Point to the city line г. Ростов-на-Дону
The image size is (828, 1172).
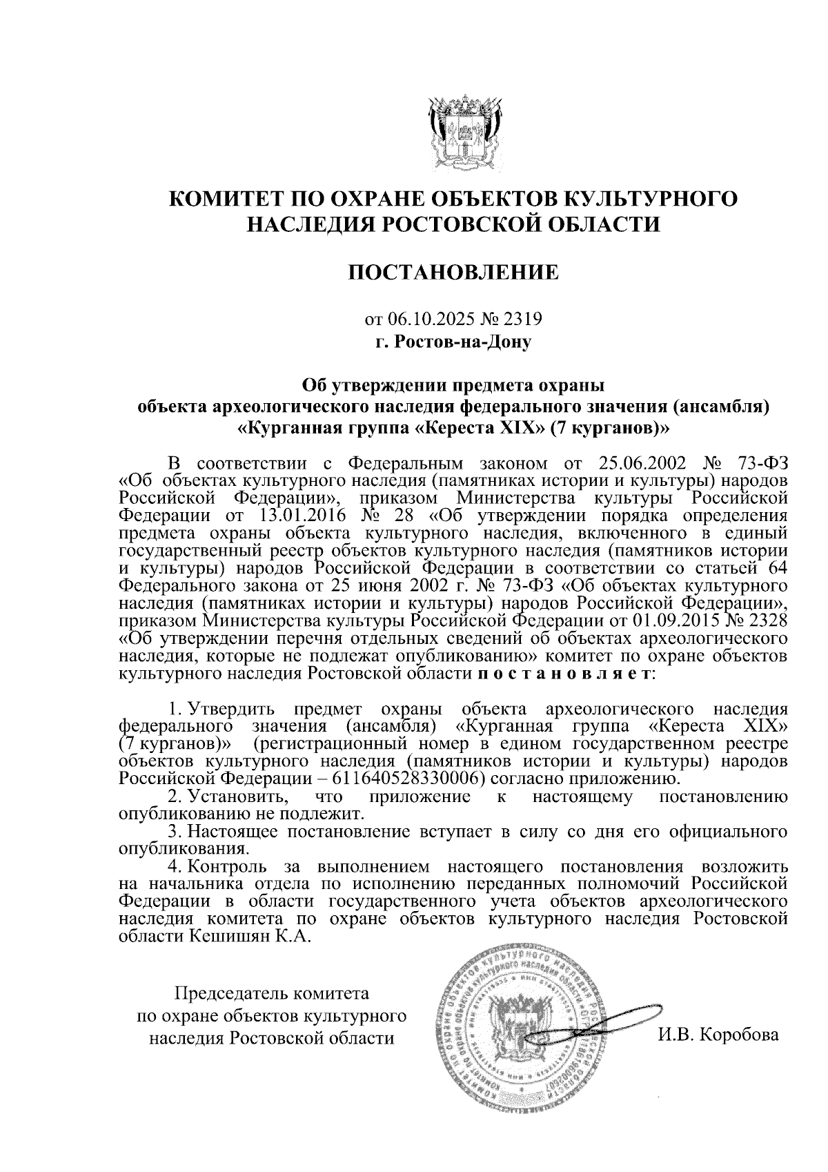[453, 341]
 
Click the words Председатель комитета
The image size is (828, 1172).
[272, 994]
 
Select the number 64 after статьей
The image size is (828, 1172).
[776, 567]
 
